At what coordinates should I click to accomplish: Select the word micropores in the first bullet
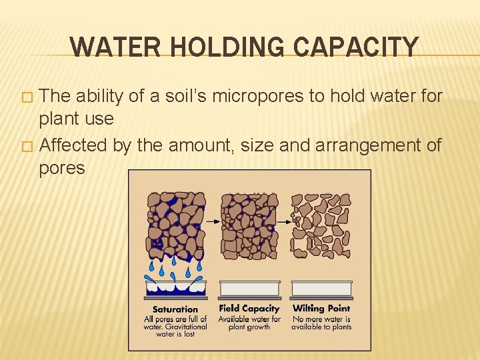point(250,97)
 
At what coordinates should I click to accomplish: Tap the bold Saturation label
point(175,309)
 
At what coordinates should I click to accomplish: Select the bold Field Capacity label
point(249,309)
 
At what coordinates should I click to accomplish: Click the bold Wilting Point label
point(321,309)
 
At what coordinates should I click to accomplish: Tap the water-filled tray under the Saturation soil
point(176,288)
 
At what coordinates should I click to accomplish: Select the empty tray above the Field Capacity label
point(249,289)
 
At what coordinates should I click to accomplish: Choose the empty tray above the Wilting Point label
point(321,289)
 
